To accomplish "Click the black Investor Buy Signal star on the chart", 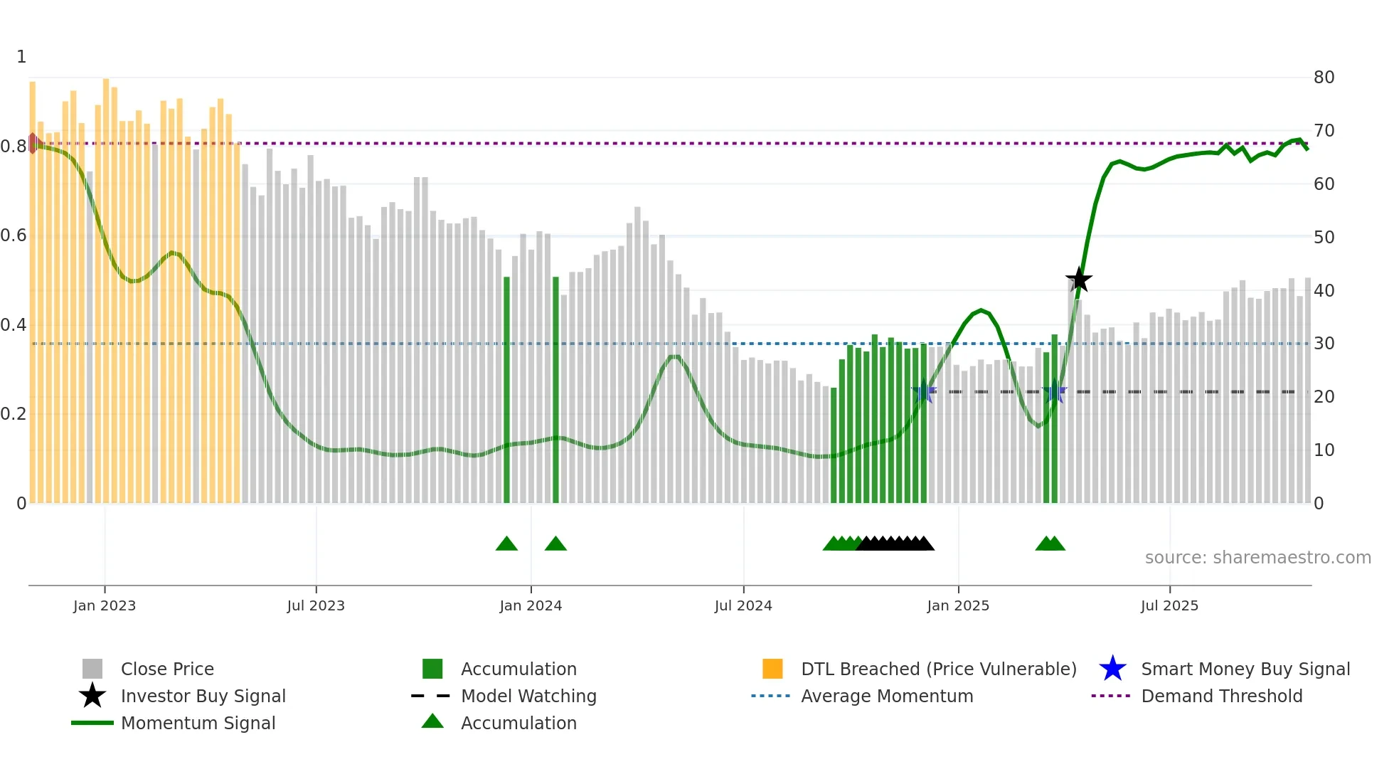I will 1078,280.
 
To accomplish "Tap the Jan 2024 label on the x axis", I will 531,606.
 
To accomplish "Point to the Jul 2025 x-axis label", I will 1169,606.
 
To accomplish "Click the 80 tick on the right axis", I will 1324,78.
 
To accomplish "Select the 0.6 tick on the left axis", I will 14,235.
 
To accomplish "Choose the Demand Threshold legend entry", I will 1221,696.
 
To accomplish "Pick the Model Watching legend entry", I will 528,696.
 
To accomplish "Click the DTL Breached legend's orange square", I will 772,669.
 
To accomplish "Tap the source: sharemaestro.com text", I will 1257,558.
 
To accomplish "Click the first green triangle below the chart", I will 506,544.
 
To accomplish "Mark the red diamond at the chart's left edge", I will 33,143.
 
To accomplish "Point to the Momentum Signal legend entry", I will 197,724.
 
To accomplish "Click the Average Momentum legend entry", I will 886,696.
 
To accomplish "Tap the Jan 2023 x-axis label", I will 105,606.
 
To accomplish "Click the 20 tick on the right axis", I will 1324,397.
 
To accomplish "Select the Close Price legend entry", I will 166,669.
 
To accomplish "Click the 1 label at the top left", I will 21,57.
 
